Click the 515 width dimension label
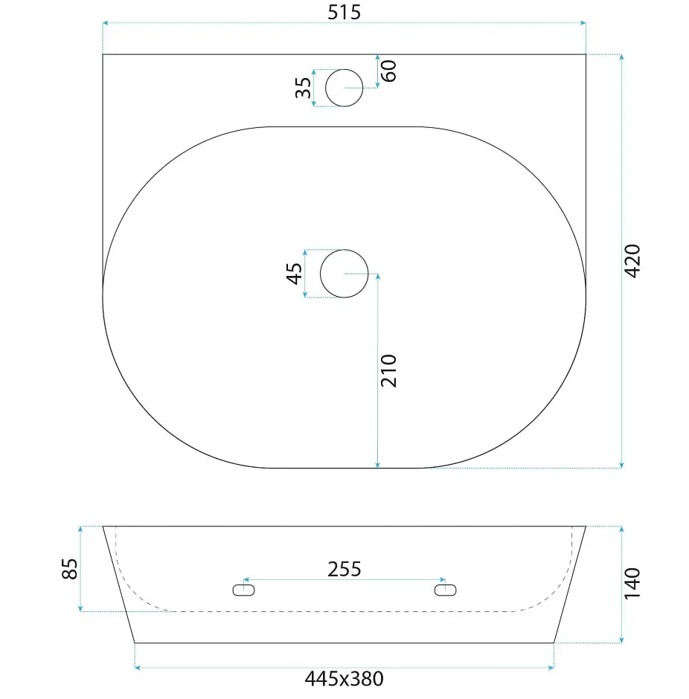coord(344,13)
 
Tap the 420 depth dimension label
coord(632,261)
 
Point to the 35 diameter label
coord(304,88)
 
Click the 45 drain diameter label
coord(294,273)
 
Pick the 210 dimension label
coord(388,370)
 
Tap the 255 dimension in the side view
coord(344,570)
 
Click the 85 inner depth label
coord(69,569)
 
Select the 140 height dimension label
coord(632,584)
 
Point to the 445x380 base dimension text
coord(344,679)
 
